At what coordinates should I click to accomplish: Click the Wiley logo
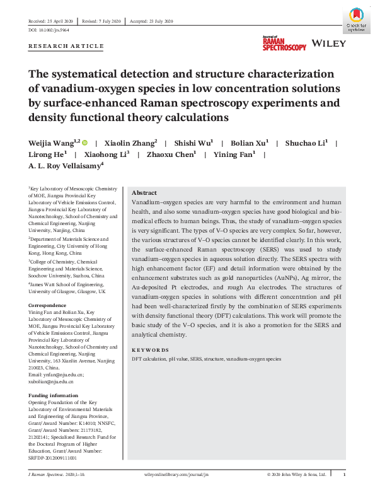click(x=329, y=44)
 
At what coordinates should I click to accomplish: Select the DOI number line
click(x=48, y=30)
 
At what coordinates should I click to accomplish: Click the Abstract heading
click(x=144, y=193)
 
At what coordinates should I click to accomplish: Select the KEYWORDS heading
click(x=150, y=350)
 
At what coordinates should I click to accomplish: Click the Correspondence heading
click(x=47, y=306)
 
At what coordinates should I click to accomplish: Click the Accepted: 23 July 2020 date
click(x=151, y=21)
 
